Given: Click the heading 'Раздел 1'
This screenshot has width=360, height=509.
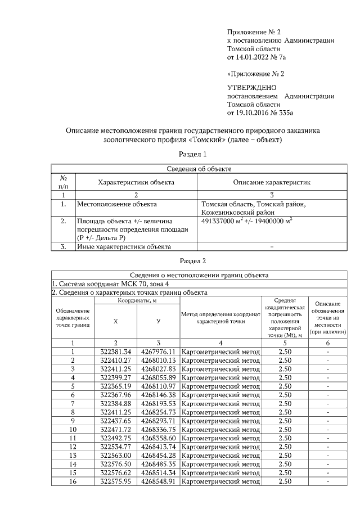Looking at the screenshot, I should [x=193, y=154].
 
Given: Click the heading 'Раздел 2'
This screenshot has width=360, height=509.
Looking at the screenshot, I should [x=193, y=261].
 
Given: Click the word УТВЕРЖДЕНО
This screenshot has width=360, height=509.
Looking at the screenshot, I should [x=251, y=88].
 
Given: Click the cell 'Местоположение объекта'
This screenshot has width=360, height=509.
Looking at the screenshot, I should [x=116, y=204].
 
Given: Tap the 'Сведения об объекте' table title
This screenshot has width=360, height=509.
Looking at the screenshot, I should [x=199, y=168].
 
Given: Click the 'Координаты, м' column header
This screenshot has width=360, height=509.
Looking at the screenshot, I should [x=137, y=302].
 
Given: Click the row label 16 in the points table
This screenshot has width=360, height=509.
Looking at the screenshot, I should [x=73, y=481].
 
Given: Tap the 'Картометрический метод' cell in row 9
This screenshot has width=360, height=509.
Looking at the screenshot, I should [x=221, y=421].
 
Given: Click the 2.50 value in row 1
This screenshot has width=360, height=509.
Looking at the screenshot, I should [x=285, y=352].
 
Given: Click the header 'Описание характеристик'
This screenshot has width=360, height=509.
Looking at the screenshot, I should [x=272, y=182].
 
